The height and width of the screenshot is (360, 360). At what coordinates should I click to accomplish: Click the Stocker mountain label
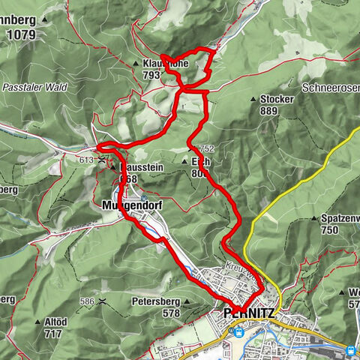(277, 98)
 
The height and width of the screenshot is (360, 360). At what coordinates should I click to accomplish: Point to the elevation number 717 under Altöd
(52, 333)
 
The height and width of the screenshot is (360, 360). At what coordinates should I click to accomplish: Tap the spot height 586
(89, 301)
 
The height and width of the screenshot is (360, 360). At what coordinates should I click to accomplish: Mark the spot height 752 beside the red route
(207, 148)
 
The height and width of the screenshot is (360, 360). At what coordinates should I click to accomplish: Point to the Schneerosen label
(330, 88)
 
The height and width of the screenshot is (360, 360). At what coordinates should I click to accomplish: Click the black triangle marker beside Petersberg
(188, 301)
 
